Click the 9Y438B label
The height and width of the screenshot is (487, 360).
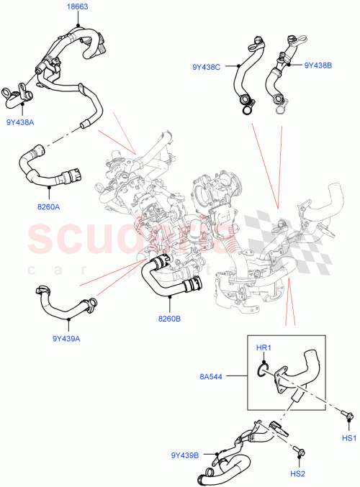318,65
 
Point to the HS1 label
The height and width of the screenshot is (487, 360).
349,439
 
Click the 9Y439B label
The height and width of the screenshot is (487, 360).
185,455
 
